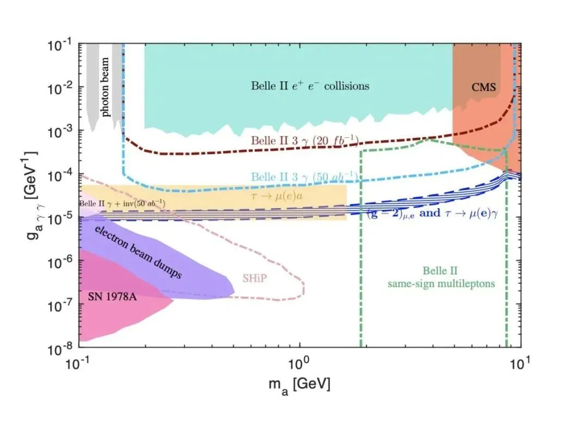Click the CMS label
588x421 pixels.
pyautogui.click(x=484, y=87)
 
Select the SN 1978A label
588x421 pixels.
pyautogui.click(x=113, y=297)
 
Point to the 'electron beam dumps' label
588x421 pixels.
pyautogui.click(x=138, y=253)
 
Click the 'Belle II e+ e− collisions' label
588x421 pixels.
pyautogui.click(x=310, y=86)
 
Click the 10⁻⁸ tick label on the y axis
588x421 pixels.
pyautogui.click(x=62, y=347)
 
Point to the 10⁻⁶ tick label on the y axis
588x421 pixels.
pyautogui.click(x=62, y=261)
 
